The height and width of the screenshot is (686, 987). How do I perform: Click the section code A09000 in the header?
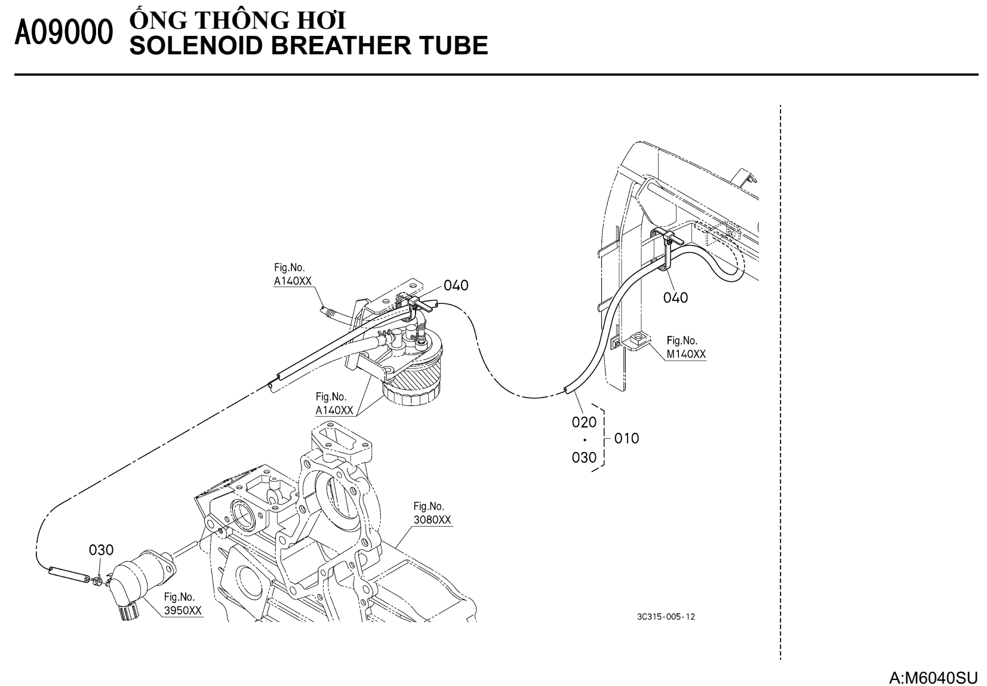click(x=64, y=35)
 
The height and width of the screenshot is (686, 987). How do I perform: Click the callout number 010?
click(x=626, y=438)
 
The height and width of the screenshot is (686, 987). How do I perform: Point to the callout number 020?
click(x=584, y=422)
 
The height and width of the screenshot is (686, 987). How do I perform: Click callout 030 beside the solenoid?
click(x=102, y=549)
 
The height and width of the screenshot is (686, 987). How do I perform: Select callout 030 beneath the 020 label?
click(x=584, y=457)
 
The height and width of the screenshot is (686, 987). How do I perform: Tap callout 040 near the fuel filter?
click(x=456, y=285)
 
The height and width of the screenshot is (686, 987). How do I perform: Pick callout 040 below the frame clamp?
click(x=675, y=297)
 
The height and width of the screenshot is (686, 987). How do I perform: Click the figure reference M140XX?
click(x=686, y=354)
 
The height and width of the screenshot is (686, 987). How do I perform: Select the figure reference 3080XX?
click(x=432, y=519)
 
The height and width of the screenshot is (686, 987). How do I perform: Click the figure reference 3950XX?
click(x=183, y=610)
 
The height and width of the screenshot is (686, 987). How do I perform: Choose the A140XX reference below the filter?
click(x=334, y=410)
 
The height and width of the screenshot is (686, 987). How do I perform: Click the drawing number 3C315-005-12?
click(x=666, y=617)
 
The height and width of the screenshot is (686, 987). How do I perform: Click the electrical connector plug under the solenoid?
click(x=128, y=610)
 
